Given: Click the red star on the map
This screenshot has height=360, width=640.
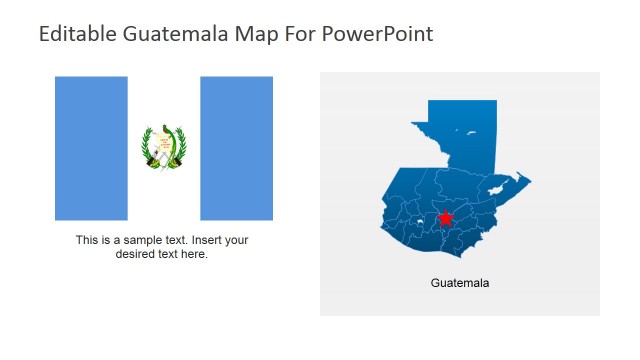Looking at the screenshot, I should tap(445, 218).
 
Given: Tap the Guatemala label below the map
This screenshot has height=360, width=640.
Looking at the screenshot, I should tap(460, 283).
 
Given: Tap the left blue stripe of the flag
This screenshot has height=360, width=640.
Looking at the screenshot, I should tap(91, 148).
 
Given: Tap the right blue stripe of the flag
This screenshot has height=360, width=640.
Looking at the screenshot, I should tap(236, 148).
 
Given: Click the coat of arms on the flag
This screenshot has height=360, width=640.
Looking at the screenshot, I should tap(164, 148).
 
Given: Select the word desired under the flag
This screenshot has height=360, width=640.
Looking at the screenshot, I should tap(137, 254).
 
